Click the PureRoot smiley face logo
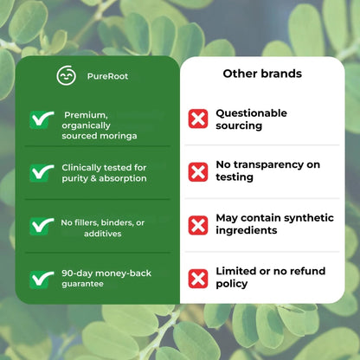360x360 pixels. (x=66, y=76)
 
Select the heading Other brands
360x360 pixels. (x=262, y=74)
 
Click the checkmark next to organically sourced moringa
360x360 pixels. (x=40, y=119)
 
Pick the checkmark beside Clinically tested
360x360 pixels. (x=40, y=172)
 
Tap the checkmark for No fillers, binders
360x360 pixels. (x=40, y=225)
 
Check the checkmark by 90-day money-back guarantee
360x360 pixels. (x=40, y=279)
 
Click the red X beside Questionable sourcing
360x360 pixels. (x=198, y=119)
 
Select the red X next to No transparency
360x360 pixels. (x=198, y=172)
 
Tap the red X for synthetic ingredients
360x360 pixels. (x=198, y=225)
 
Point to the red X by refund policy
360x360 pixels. (x=198, y=279)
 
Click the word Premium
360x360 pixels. (x=86, y=114)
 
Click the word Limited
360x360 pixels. (x=235, y=271)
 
